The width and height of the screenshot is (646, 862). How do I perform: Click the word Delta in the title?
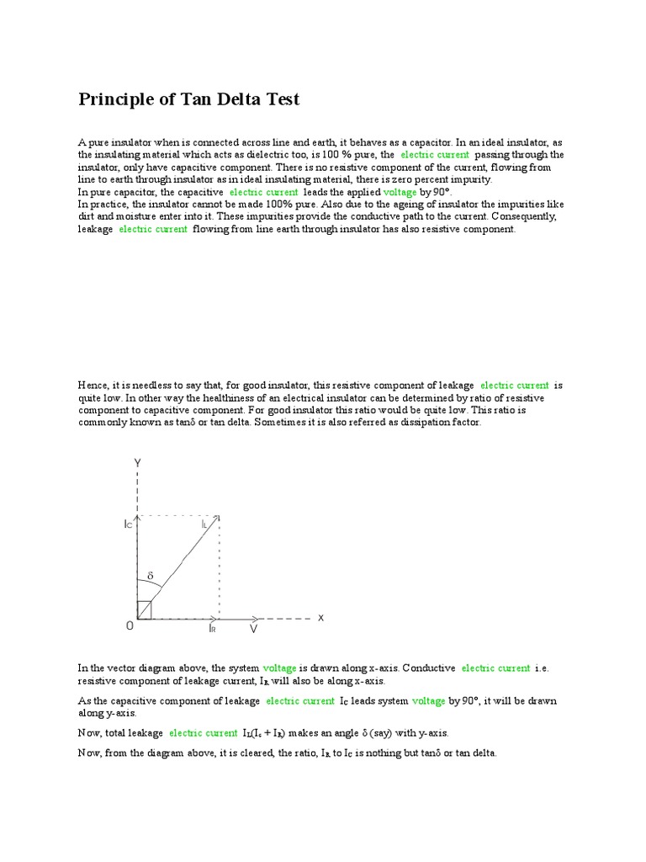[241, 100]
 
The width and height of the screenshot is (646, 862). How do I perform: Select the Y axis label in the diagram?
[138, 462]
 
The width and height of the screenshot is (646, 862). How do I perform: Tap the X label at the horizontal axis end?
[320, 617]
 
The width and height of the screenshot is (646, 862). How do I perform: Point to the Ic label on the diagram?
[127, 524]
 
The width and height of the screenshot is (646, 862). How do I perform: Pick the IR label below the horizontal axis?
[213, 628]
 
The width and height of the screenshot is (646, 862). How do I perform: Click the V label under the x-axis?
[253, 628]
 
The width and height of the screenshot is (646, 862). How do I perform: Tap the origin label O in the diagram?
[130, 625]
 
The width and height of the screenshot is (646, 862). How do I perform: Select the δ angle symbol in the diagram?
[151, 577]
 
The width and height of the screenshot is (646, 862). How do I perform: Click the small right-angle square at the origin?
[144, 610]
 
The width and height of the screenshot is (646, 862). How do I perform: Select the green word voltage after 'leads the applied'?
[400, 192]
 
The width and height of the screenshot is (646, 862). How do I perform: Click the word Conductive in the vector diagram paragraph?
[429, 668]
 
